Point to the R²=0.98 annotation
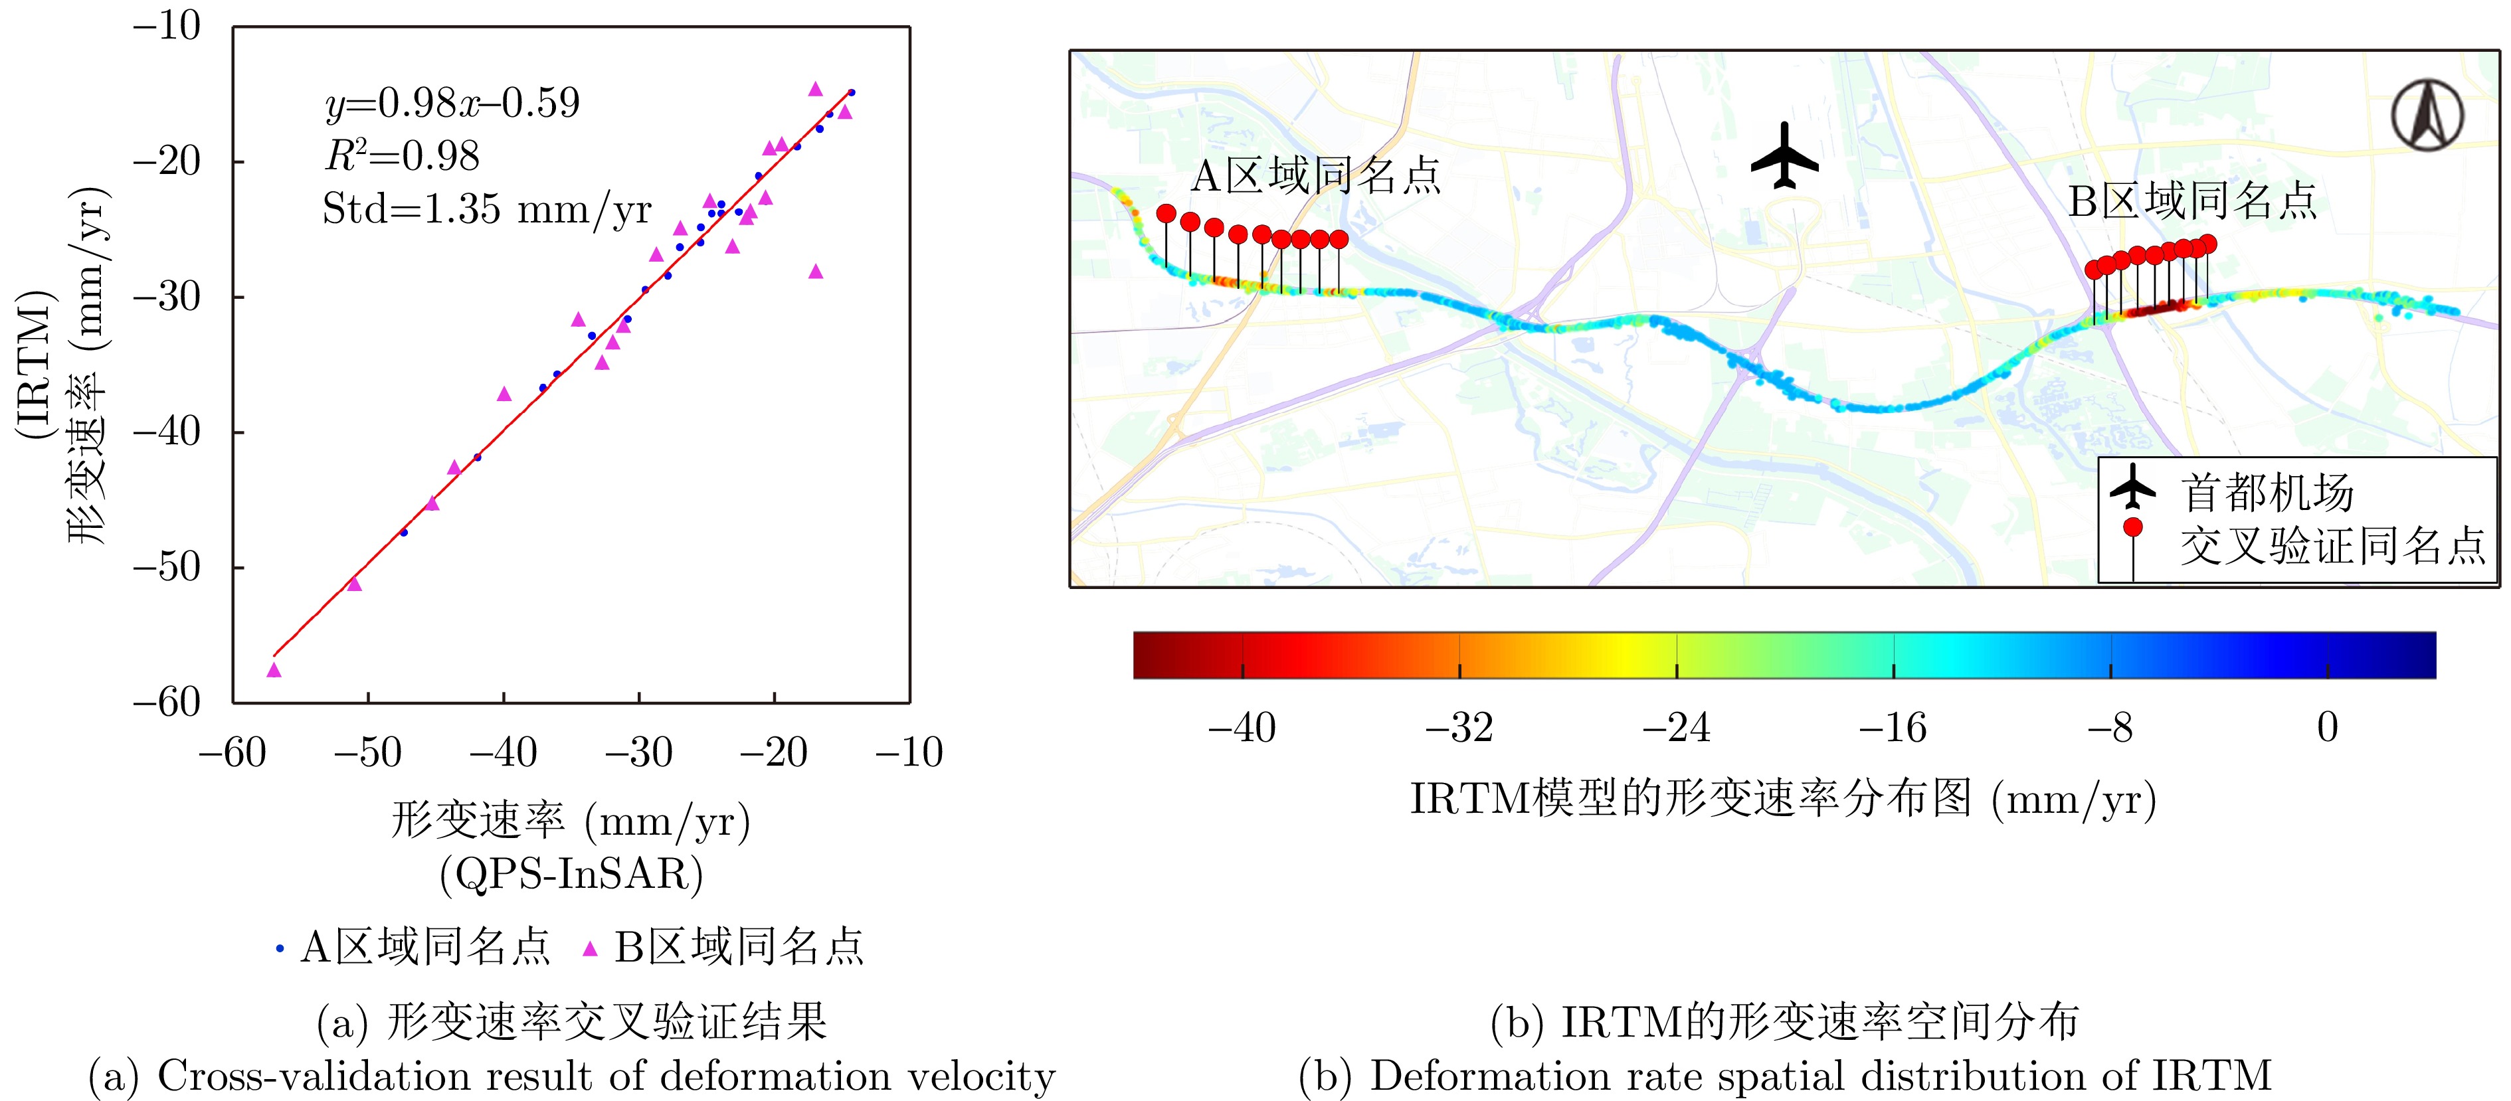[402, 156]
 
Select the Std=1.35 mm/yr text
[486, 209]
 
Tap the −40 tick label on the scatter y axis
[167, 431]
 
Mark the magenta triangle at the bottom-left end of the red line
[274, 670]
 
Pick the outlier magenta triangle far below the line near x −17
[816, 272]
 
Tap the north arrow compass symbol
[2427, 115]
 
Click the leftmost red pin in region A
[1166, 213]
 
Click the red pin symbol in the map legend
[2133, 528]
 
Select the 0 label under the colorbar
[2328, 728]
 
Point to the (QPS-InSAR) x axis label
[571, 874]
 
